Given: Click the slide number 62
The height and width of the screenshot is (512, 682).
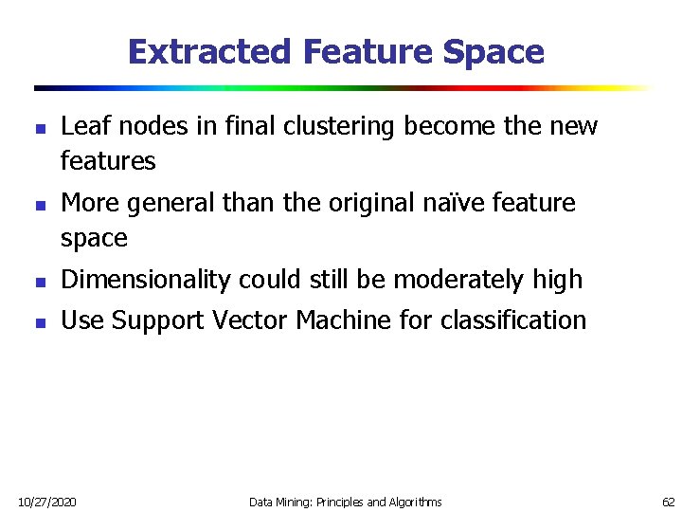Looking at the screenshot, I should tap(668, 501).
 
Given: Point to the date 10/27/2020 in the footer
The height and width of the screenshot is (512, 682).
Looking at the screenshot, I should tap(48, 501).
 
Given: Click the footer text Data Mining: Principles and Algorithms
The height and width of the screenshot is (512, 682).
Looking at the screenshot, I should tap(345, 501).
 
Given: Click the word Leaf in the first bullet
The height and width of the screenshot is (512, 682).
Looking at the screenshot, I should tap(81, 127).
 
